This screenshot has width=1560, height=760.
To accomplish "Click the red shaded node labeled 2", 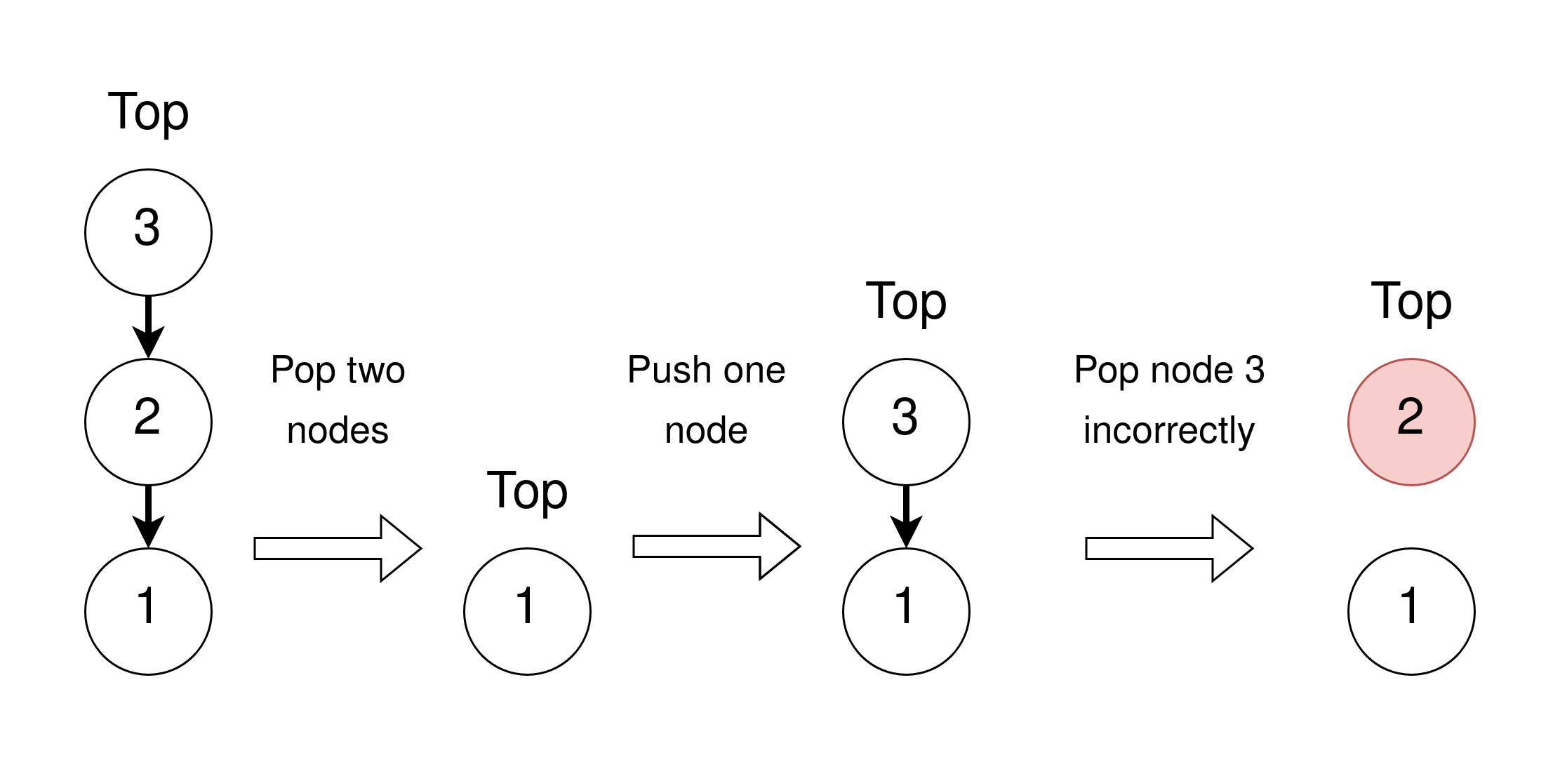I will (1411, 422).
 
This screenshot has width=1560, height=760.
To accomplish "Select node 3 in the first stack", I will (148, 232).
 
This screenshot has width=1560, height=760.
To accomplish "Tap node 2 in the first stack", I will (148, 422).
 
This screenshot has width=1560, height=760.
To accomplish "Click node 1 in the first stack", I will (148, 611).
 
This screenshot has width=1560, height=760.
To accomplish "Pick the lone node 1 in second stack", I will (527, 611).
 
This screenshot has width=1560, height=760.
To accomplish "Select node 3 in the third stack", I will (906, 422).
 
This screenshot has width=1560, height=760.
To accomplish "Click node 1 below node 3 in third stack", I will (906, 611).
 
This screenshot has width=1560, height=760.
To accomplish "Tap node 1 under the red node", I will (1411, 611).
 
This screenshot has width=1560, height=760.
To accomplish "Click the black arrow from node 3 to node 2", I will (148, 326).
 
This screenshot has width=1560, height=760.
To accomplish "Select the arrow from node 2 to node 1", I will (148, 516).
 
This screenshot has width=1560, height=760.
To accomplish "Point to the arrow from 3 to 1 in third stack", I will (906, 516).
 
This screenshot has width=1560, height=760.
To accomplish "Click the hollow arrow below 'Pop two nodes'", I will (337, 548).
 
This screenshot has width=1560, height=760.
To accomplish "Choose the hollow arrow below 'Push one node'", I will (716, 546).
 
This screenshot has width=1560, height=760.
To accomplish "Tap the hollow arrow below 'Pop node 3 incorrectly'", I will (1168, 548).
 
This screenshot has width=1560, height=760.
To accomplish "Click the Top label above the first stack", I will (148, 112).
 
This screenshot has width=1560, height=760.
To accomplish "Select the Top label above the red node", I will (1411, 302).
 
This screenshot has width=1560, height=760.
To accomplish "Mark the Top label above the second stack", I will (527, 491).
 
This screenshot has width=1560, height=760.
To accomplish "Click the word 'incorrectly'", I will (1168, 430).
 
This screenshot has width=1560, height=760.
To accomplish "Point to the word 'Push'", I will (669, 370).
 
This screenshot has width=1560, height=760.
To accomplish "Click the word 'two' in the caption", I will (375, 370).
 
